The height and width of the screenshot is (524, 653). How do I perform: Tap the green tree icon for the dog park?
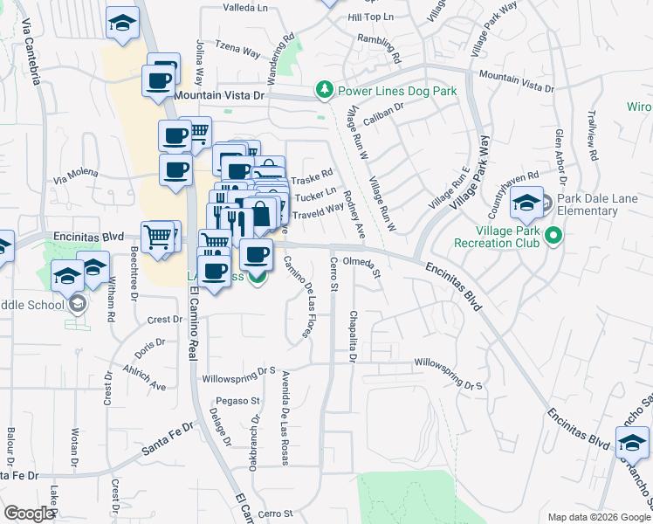pos(325,89)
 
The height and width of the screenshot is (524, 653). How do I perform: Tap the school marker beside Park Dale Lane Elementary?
pos(526,204)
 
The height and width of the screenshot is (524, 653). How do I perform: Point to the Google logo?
pos(29,514)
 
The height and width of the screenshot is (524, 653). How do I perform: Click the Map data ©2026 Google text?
pos(598,517)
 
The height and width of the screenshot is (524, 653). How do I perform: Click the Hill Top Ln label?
pos(371,17)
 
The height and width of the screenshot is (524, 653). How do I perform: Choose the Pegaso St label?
pos(244,401)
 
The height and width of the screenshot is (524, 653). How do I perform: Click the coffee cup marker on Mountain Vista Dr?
pos(159,81)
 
